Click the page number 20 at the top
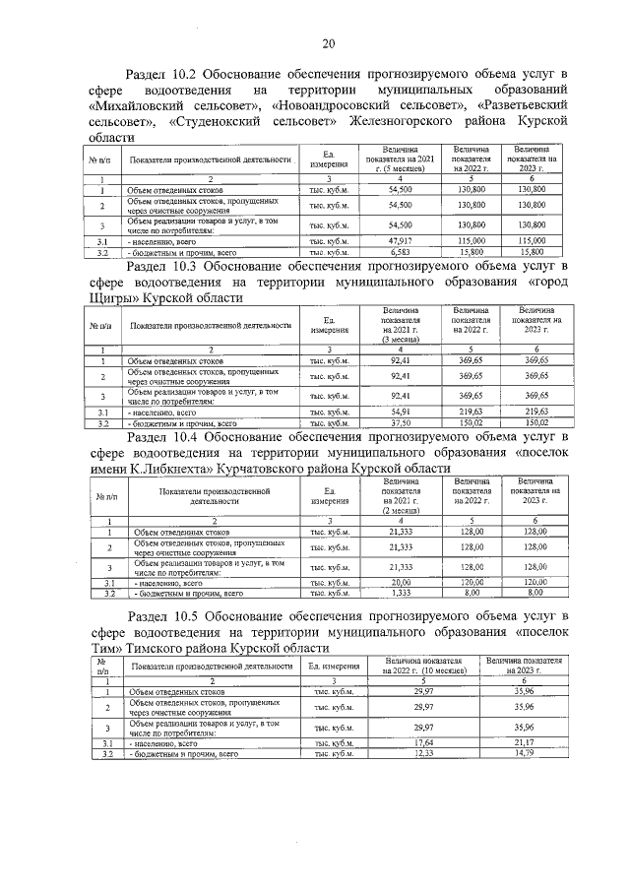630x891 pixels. pyautogui.click(x=328, y=42)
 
